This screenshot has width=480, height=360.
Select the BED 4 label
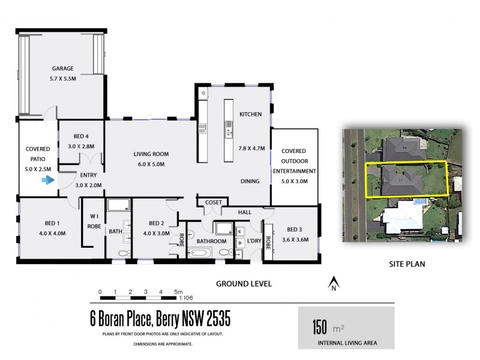tap(81, 136)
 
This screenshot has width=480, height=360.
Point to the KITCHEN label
tap(250, 114)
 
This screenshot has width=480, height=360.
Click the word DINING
tap(250, 181)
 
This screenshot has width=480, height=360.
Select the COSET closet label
tap(213, 203)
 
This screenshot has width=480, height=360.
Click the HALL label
tap(244, 212)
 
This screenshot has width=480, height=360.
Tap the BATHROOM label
tap(211, 241)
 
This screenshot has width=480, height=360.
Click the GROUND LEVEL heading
tap(244, 283)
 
